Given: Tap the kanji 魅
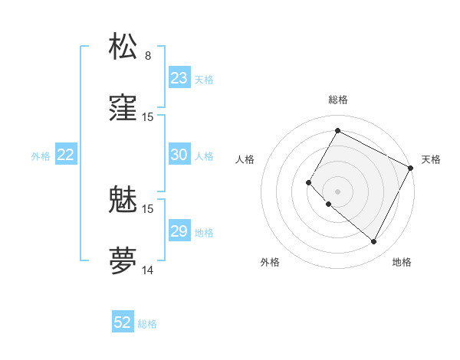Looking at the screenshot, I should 123,201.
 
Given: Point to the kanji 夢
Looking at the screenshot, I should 123,260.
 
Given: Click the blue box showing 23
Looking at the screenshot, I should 179,78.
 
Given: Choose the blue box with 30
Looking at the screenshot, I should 179,155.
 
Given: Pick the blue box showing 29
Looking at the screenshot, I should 179,231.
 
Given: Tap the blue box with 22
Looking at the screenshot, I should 65,155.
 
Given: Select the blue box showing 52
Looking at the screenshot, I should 123,322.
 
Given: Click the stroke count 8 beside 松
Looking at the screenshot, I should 148,56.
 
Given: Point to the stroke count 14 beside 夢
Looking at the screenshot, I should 148,270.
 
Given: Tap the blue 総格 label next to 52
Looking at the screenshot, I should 147,324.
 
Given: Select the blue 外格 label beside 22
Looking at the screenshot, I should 41,156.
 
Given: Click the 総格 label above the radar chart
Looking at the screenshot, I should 338,100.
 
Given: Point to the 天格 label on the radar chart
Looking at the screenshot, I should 431,159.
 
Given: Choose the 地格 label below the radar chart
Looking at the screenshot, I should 402,262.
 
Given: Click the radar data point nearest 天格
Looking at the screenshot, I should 411,168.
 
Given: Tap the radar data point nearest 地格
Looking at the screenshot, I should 374,242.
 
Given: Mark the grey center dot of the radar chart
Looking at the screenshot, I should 337,191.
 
